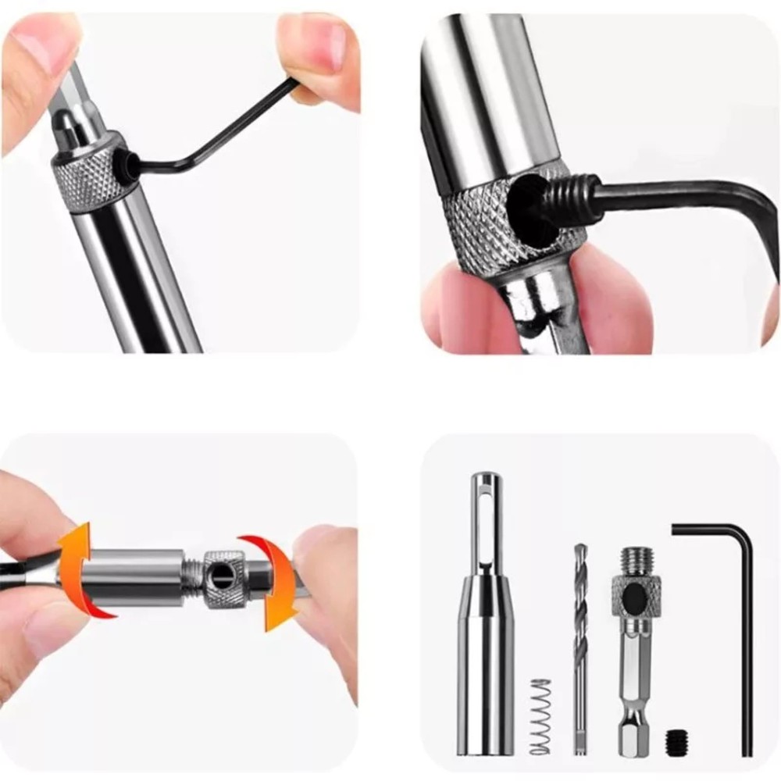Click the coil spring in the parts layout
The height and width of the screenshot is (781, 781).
(540, 716)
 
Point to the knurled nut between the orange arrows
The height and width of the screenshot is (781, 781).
(225, 578)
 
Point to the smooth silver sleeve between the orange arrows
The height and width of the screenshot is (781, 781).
(133, 576)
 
